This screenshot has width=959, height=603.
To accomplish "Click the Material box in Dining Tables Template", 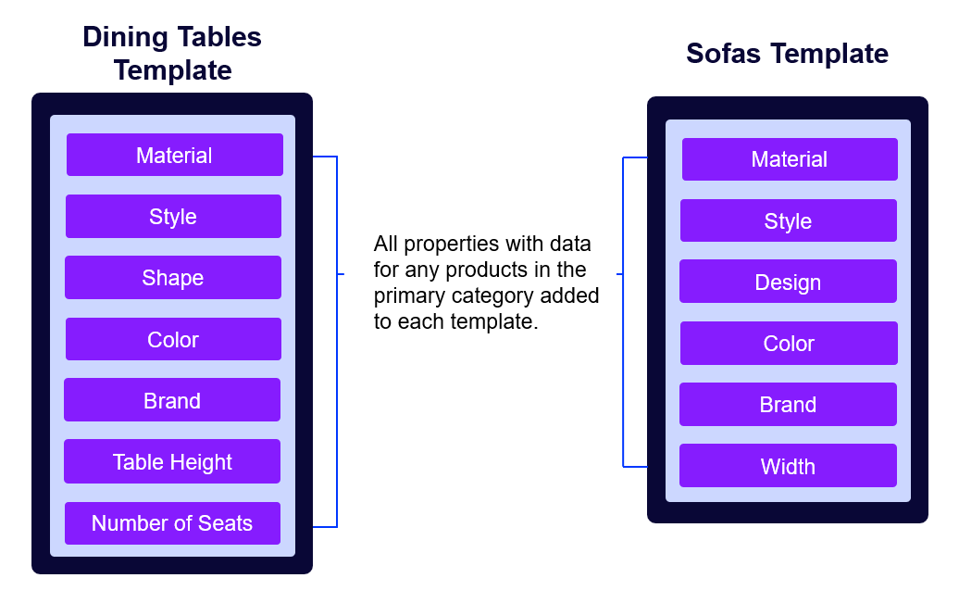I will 174,155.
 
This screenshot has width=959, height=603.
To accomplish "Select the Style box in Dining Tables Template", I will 173,216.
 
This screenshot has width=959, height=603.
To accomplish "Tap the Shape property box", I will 172,277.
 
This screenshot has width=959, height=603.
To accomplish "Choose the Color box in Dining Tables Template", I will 173,339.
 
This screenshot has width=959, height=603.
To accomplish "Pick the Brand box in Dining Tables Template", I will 172,400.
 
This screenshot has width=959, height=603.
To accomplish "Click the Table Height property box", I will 172,461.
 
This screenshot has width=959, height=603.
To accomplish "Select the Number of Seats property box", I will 172,522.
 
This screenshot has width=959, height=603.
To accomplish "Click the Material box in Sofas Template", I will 790,159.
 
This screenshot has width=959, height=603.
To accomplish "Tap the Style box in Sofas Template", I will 788,220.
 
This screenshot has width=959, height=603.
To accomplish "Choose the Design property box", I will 788,282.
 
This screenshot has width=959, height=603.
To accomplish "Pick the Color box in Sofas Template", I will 789,343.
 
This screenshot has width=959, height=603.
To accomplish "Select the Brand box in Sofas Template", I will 788,404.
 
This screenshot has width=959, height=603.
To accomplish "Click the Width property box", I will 788,466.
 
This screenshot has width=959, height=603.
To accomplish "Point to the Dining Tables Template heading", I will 172,54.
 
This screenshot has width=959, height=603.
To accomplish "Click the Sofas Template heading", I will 787,54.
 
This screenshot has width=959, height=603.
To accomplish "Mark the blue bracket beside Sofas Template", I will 623,311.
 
